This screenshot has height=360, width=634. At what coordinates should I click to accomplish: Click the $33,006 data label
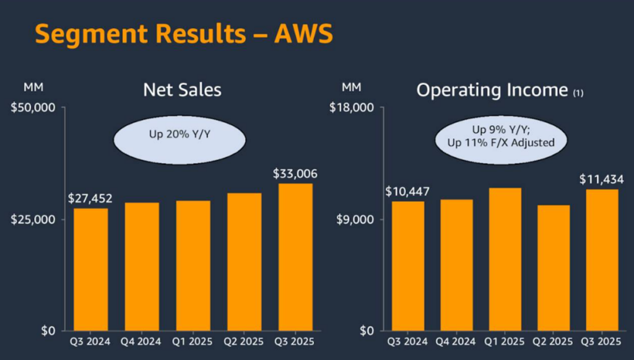[295, 174]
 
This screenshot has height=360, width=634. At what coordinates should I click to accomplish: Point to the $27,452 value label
[90, 199]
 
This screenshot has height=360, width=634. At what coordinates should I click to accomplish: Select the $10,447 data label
[407, 191]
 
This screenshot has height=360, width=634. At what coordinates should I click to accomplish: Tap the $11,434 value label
[602, 179]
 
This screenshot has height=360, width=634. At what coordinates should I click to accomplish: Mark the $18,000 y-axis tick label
[352, 108]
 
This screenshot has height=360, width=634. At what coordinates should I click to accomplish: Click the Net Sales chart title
[182, 90]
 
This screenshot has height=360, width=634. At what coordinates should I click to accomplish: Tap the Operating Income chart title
[492, 90]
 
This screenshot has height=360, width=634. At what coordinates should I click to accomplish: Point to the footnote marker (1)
[578, 93]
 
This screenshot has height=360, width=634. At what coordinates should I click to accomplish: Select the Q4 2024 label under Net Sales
[142, 341]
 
